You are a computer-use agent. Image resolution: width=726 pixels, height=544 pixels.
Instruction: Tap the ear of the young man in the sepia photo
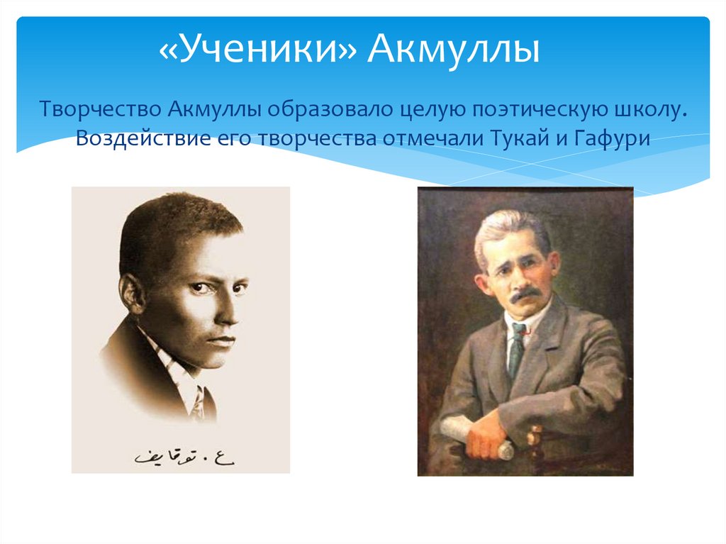click(133, 293)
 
